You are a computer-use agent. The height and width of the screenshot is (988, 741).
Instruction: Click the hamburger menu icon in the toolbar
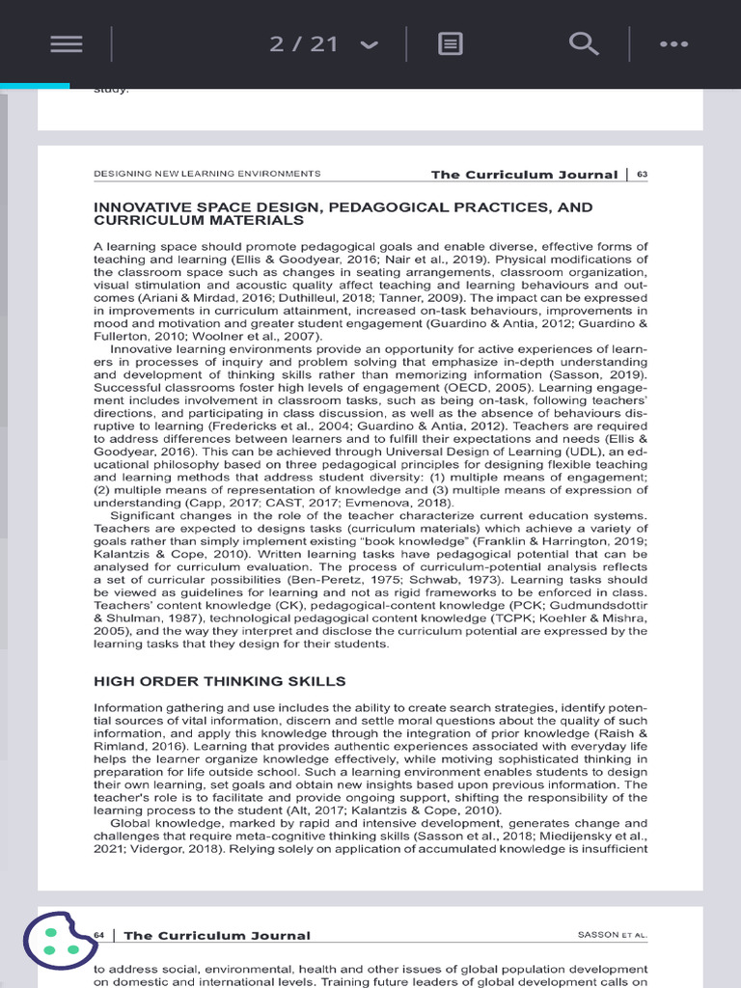pos(66,44)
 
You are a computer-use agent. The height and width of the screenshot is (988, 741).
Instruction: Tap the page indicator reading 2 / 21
pos(303,44)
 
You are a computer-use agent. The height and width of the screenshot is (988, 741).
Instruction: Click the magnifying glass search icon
pos(584,43)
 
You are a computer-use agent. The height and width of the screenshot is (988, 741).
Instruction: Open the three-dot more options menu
pos(673,44)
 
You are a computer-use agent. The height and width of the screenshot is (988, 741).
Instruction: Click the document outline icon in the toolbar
pos(451,44)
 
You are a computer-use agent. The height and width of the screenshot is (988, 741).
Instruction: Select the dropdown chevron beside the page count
pos(369,45)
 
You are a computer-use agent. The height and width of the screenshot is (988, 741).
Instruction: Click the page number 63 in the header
pos(642,174)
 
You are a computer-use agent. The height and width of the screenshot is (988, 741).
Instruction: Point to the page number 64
pos(99,935)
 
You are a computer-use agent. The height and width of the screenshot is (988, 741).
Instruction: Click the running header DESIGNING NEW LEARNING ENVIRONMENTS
pos(206,174)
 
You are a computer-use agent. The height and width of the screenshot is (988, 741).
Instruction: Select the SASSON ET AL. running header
pos(612,935)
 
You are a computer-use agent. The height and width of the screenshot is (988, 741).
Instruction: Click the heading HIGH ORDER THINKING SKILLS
pos(219,681)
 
